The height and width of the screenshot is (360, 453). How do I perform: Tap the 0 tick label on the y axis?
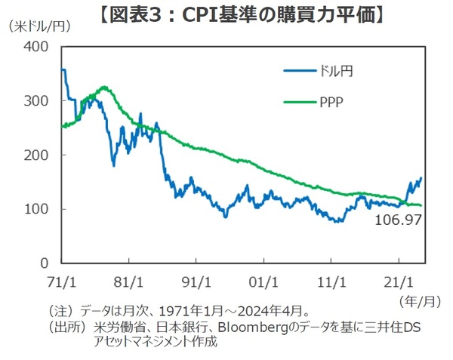click(43, 263)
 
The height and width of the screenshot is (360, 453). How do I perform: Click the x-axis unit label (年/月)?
click(418, 300)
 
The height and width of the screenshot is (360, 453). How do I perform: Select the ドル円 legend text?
click(335, 72)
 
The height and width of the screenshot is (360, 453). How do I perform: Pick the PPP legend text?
click(332, 100)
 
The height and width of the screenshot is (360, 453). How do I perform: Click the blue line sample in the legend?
click(299, 72)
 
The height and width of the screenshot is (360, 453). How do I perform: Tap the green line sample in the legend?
click(299, 100)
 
